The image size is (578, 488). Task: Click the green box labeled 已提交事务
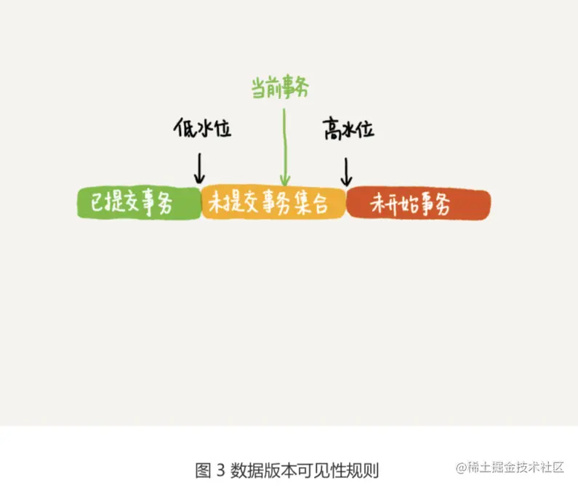tap(138, 204)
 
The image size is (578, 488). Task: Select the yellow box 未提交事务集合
tap(273, 204)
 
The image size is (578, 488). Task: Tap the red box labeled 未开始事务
tap(418, 204)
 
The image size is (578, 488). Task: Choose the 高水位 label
tap(348, 130)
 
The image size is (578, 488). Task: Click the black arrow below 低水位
tap(198, 168)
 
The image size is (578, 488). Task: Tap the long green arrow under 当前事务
tap(285, 145)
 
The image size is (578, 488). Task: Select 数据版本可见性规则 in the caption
tap(305, 470)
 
